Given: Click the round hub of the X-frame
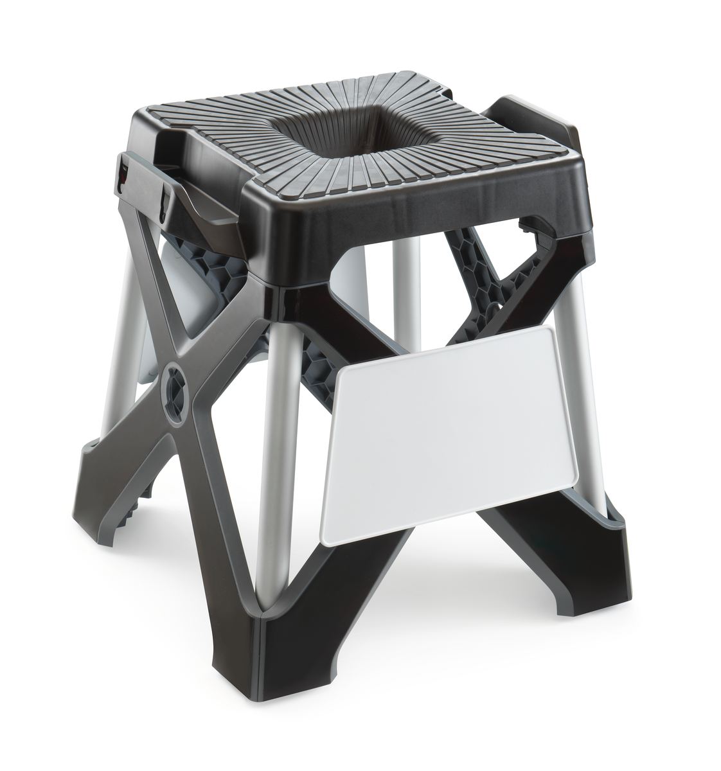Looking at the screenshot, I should pos(176,385).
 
